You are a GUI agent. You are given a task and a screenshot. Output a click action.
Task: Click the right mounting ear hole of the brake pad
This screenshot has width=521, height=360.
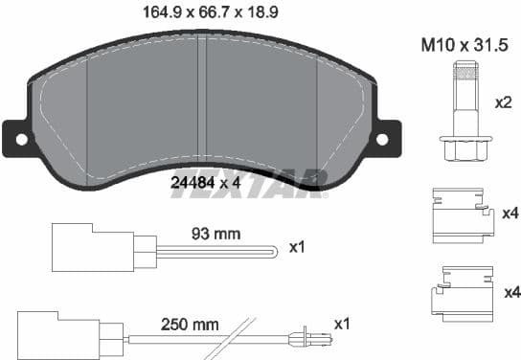[382, 139]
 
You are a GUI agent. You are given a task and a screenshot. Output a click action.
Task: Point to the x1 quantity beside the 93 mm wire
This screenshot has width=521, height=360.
[298, 247]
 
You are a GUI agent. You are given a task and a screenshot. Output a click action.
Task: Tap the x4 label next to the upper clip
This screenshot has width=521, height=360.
[509, 212]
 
